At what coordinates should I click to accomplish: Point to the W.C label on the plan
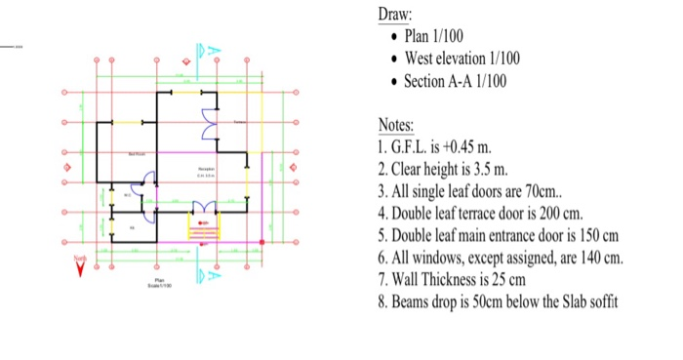click(125, 195)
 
